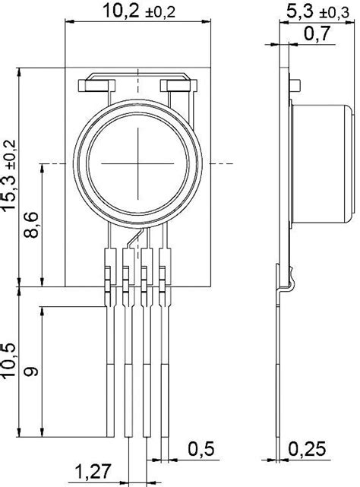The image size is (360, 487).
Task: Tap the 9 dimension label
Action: pos(32,372)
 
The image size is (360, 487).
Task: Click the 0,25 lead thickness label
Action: pos(309,450)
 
